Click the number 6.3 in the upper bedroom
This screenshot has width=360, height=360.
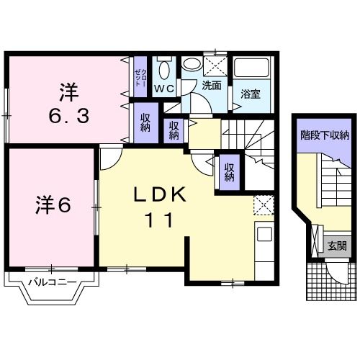click(x=69, y=114)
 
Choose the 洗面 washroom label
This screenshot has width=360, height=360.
click(x=211, y=85)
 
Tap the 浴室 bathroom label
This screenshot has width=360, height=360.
click(x=251, y=94)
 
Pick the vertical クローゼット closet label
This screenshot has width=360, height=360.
click(x=140, y=76)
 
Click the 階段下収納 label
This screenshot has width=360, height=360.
click(x=325, y=134)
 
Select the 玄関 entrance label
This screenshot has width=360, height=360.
click(x=336, y=246)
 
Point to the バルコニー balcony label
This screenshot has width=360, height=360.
click(x=48, y=281)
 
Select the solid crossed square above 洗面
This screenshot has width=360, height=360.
click(x=213, y=65)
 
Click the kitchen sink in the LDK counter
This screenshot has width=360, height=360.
click(x=264, y=234)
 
